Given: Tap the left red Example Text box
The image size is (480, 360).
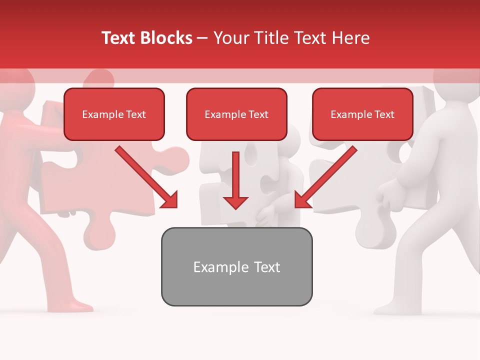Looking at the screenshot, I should coord(114,114).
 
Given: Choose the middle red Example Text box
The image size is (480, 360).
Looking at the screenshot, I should coord(236,114).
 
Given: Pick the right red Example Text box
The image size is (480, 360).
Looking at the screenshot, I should coord(362,114).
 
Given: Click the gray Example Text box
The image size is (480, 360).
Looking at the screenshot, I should coord(236,266).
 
